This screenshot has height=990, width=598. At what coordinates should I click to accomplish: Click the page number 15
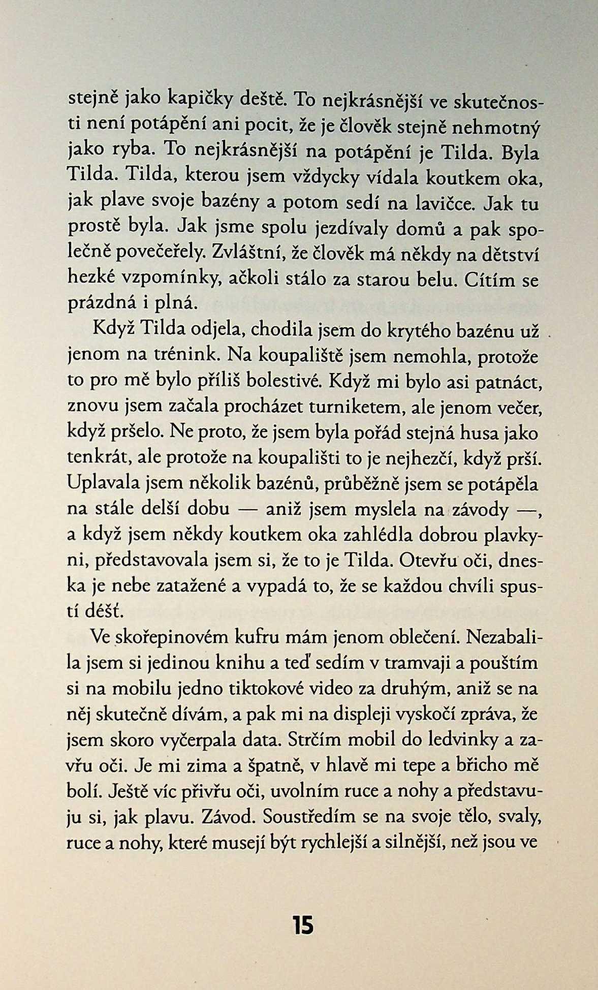pos(303,925)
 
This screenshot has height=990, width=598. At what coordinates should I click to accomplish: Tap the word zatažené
pos(188,586)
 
